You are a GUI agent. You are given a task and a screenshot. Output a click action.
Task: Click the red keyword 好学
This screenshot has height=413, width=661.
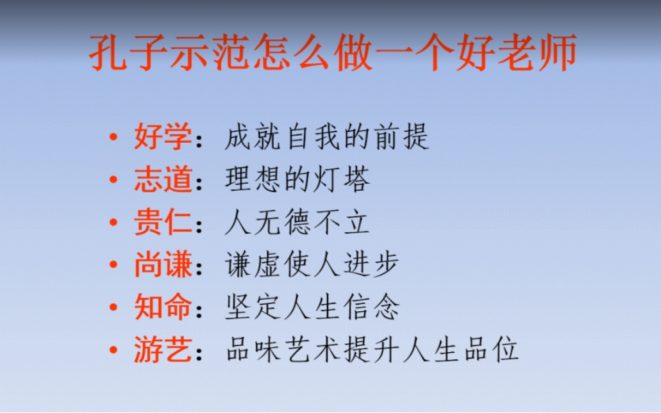pos(163,136)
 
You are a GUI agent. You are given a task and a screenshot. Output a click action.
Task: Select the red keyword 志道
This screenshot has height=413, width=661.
pos(163,179)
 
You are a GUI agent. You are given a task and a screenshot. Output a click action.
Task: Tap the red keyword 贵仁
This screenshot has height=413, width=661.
pos(163,222)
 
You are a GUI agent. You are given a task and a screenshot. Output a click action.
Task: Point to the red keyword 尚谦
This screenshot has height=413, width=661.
pos(163,264)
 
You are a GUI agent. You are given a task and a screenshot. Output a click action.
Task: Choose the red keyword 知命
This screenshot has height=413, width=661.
pos(163,307)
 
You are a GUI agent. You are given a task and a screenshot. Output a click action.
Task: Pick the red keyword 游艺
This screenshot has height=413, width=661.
pos(163,350)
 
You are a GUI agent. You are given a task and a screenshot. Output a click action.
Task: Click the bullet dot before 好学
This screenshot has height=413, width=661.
pos(113,137)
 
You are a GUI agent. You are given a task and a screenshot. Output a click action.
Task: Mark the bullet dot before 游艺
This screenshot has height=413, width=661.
pos(113,350)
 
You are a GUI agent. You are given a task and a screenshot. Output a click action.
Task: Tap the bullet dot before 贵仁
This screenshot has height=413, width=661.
pos(113,222)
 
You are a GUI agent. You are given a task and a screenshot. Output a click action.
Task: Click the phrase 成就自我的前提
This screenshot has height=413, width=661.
pos(327,136)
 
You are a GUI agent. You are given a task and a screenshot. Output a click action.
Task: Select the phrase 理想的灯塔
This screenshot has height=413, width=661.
pos(297,179)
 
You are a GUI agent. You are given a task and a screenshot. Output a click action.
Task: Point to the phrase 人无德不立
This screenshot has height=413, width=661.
pos(297,222)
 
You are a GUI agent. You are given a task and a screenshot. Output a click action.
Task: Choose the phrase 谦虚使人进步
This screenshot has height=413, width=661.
pos(312,264)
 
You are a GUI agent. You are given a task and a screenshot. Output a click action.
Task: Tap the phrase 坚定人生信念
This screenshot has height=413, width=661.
pos(312,307)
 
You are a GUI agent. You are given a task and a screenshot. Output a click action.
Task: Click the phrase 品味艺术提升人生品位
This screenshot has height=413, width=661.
pos(372,350)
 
